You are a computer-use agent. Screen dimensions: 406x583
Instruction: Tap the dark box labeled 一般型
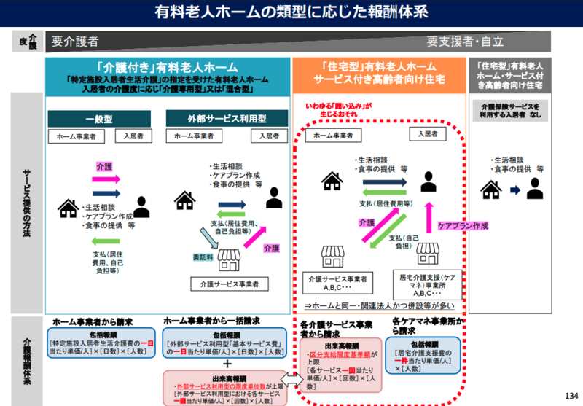[x=99, y=118]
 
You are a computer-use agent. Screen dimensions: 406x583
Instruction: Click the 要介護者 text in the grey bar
[x=76, y=42]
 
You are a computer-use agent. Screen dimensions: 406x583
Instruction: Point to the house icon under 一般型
[x=69, y=208]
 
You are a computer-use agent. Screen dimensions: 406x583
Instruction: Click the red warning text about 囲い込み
[x=338, y=110]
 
